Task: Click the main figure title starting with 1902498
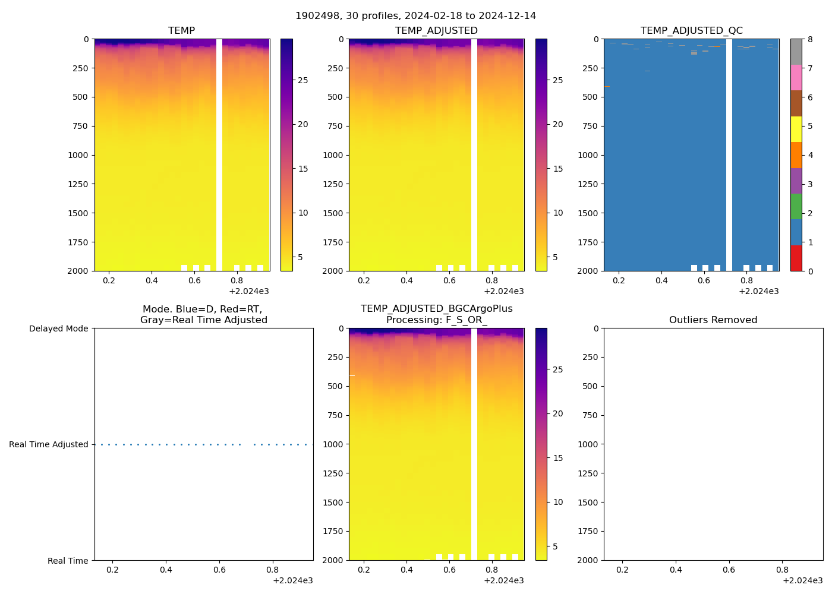[415, 16]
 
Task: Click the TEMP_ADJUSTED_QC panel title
[691, 31]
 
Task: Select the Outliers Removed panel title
[713, 320]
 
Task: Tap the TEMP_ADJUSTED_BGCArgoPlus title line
[436, 309]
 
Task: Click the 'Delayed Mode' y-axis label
[58, 328]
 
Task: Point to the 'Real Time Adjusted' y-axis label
[48, 444]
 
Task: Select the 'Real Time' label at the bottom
[68, 561]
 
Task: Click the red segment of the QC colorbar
[796, 258]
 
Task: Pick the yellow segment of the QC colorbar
[796, 129]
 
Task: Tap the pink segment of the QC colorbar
[796, 78]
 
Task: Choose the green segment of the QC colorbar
[796, 207]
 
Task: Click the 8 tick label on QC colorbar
[810, 39]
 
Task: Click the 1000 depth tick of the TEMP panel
[78, 155]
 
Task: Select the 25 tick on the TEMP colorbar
[303, 80]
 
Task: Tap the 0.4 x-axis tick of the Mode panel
[166, 570]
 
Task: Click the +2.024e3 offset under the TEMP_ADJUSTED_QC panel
[758, 292]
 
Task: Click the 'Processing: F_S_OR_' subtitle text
[436, 320]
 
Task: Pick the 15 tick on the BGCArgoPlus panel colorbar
[558, 458]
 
